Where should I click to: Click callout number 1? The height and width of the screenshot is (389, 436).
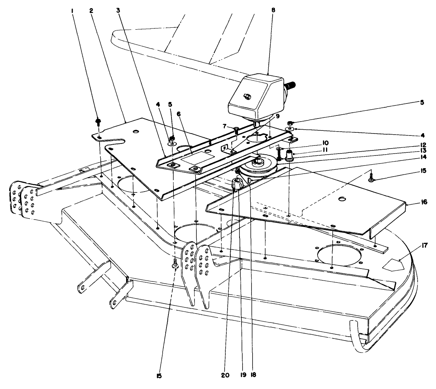coord(72,11)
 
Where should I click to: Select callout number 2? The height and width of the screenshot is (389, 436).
coord(91,11)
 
